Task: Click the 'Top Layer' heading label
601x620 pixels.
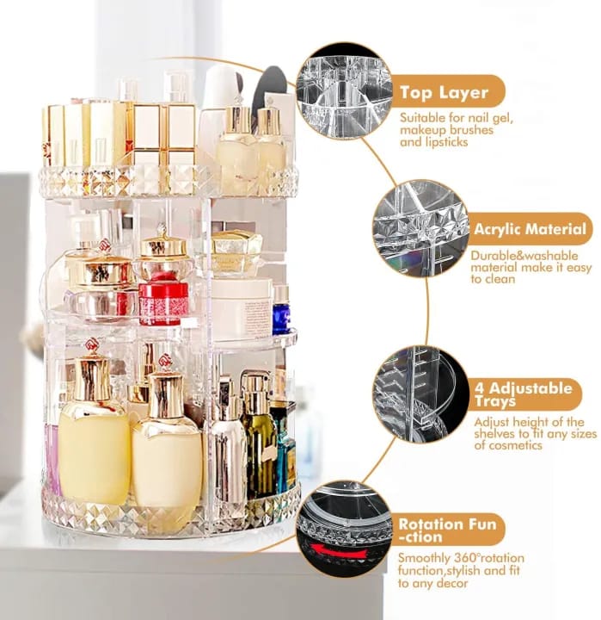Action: pos(444,92)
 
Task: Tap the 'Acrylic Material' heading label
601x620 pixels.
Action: pos(531,229)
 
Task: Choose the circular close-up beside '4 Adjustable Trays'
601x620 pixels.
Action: pos(420,394)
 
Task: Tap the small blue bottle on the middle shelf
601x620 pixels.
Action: pos(281,312)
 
